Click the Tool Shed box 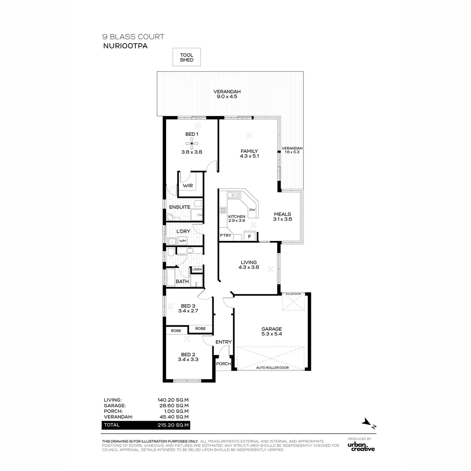186,57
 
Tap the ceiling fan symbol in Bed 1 192,144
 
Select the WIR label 188,186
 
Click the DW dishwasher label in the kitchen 252,210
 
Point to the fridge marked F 250,236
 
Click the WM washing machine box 183,241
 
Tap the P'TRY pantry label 225,235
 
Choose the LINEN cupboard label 197,269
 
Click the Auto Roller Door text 272,368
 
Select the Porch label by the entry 223,364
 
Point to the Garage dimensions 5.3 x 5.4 272,334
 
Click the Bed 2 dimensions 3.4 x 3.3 188,360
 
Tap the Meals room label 282,214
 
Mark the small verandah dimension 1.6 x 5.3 292,152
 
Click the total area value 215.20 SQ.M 173,425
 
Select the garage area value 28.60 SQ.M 174,405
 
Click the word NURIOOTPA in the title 125,46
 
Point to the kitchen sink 234,195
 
